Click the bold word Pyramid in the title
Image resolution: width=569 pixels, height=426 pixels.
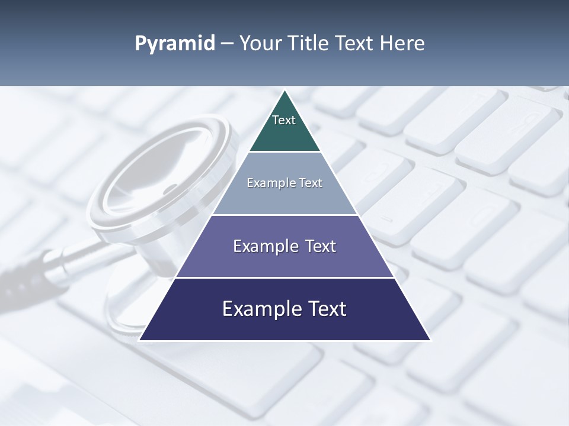[x=175, y=44]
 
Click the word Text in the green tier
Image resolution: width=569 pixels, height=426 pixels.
[x=284, y=120]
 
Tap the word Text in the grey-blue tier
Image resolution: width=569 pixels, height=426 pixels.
[x=311, y=183]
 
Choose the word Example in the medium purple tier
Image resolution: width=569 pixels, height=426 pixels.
[x=266, y=246]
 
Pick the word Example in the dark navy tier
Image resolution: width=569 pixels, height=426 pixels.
[x=261, y=309]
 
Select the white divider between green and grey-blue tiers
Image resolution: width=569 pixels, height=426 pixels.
[x=284, y=152]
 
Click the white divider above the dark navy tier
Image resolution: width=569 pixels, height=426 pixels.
[x=284, y=277]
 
